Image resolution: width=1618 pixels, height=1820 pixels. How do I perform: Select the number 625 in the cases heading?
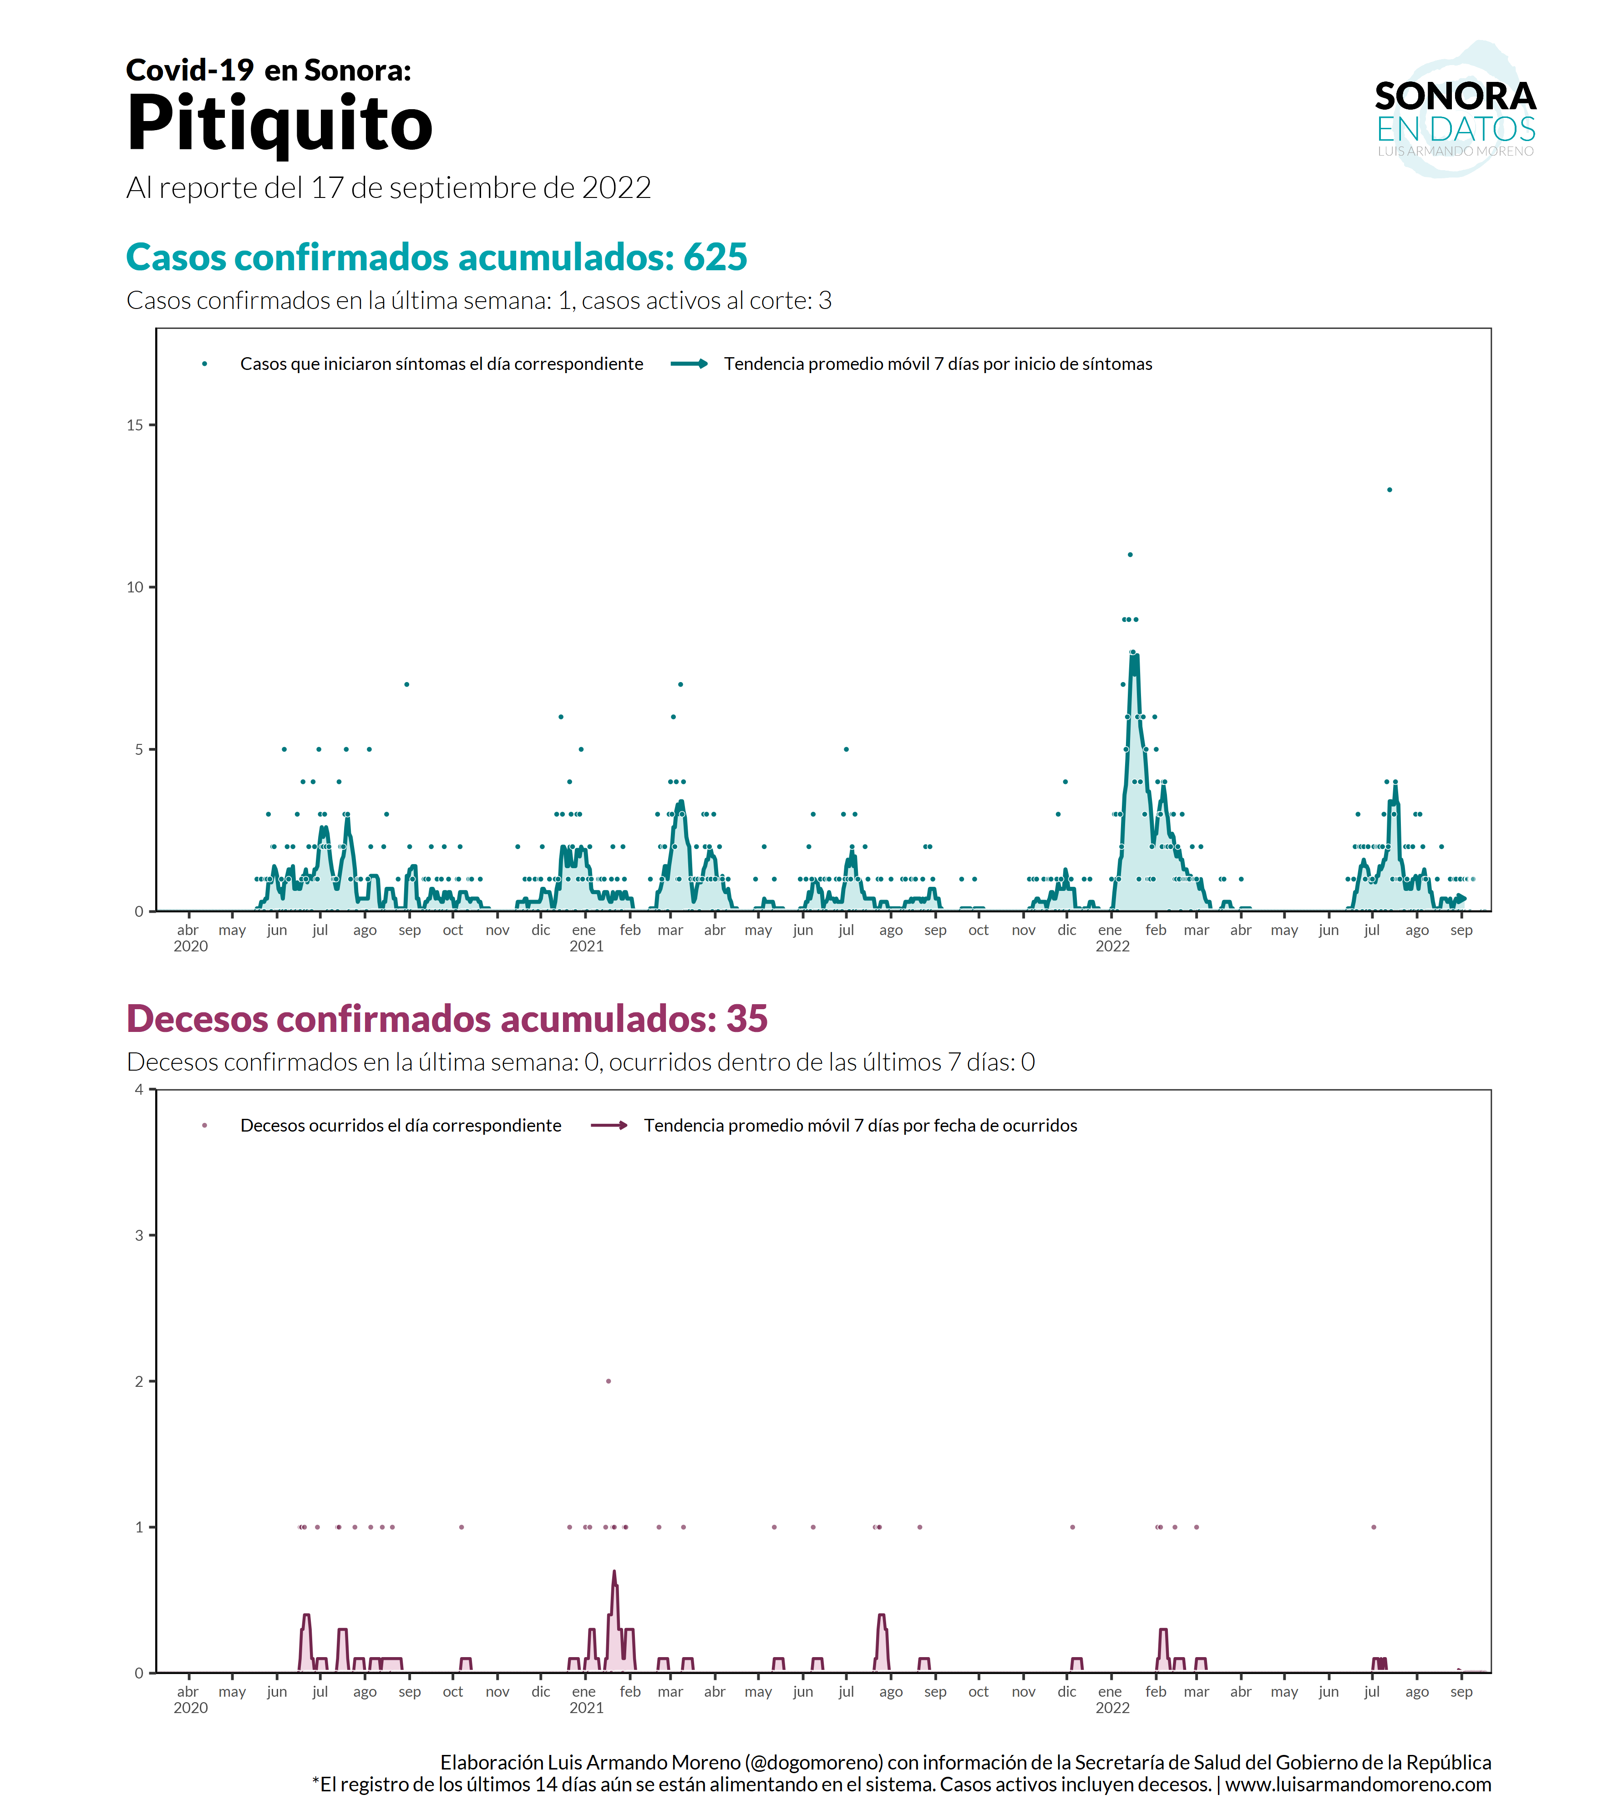[x=715, y=258]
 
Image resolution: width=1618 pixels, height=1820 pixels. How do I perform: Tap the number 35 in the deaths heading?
[x=746, y=1019]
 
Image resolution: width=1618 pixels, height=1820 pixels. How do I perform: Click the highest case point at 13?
[x=1389, y=490]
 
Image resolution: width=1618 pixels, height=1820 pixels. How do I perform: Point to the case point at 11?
[x=1130, y=555]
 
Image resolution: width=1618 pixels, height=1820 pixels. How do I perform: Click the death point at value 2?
[x=608, y=1381]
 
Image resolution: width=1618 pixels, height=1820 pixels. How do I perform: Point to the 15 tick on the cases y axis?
[x=135, y=425]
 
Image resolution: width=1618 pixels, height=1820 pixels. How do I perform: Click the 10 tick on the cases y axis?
[x=135, y=587]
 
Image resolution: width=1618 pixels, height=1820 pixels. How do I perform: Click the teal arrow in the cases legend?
[x=689, y=363]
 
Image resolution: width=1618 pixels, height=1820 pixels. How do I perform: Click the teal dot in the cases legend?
[x=205, y=363]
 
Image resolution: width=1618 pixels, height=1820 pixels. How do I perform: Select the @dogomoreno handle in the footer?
[x=814, y=1762]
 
